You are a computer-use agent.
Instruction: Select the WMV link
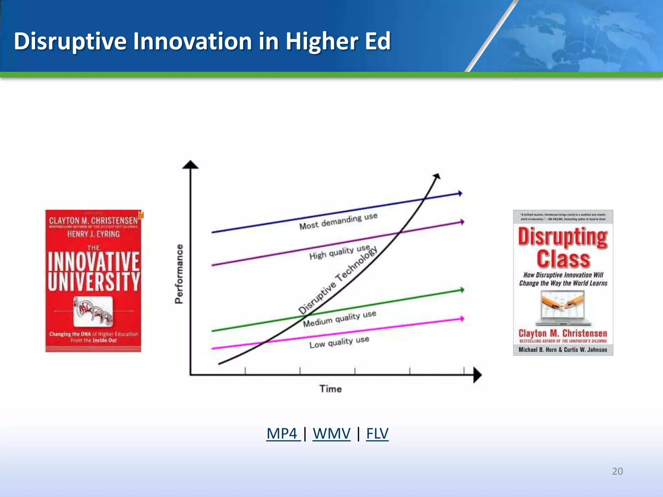pyautogui.click(x=331, y=433)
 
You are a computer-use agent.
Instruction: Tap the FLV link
pyautogui.click(x=377, y=433)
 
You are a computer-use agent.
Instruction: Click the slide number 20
pyautogui.click(x=617, y=471)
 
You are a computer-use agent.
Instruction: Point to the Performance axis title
pyautogui.click(x=179, y=274)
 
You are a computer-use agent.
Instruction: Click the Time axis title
pyautogui.click(x=331, y=389)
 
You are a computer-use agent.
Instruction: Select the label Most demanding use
pyautogui.click(x=338, y=221)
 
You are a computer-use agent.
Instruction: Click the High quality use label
pyautogui.click(x=339, y=252)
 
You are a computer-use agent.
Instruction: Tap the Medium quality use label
pyautogui.click(x=339, y=319)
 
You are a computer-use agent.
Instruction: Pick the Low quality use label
pyautogui.click(x=339, y=342)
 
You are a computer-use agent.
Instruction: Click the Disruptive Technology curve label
pyautogui.click(x=338, y=280)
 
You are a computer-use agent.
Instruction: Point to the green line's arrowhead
pyautogui.click(x=462, y=290)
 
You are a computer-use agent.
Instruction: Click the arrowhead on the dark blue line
pyautogui.click(x=460, y=193)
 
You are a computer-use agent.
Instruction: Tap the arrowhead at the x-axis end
pyautogui.click(x=477, y=375)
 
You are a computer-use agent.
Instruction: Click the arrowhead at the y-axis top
pyautogui.click(x=190, y=165)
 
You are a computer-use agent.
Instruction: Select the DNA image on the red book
pyautogui.click(x=93, y=311)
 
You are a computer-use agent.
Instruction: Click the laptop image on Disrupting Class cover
pyautogui.click(x=563, y=308)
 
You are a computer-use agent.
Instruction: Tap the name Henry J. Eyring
pyautogui.click(x=94, y=234)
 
